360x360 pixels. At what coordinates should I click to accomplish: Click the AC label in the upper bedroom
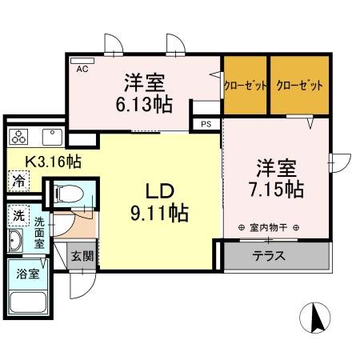[82, 70]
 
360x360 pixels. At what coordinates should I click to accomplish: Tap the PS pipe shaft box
[206, 124]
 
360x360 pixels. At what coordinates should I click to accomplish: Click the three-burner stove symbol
[20, 134]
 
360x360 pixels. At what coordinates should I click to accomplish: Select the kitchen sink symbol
[52, 134]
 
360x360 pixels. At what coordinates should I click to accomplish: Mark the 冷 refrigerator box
[18, 182]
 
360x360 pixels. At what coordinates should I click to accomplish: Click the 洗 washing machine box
[18, 215]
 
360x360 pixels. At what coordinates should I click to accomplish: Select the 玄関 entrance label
[81, 258]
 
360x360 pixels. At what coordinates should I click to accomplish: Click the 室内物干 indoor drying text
[270, 228]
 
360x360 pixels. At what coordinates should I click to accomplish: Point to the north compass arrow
[316, 318]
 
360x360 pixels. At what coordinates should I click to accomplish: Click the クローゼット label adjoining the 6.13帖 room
[245, 85]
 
